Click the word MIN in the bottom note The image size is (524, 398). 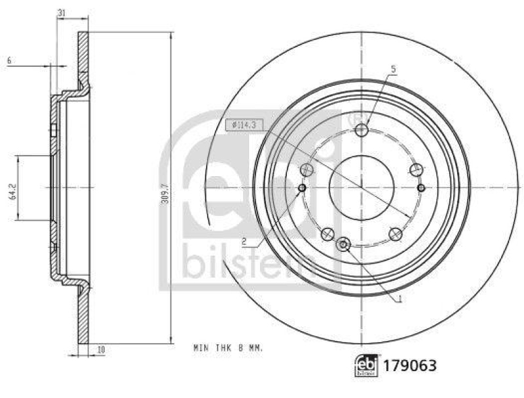pos(200,349)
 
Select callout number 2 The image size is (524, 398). pos(243,240)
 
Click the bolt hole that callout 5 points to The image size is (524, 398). pos(362,131)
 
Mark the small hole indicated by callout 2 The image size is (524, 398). pos(302,189)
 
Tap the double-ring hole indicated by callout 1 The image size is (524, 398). pos(343,245)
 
